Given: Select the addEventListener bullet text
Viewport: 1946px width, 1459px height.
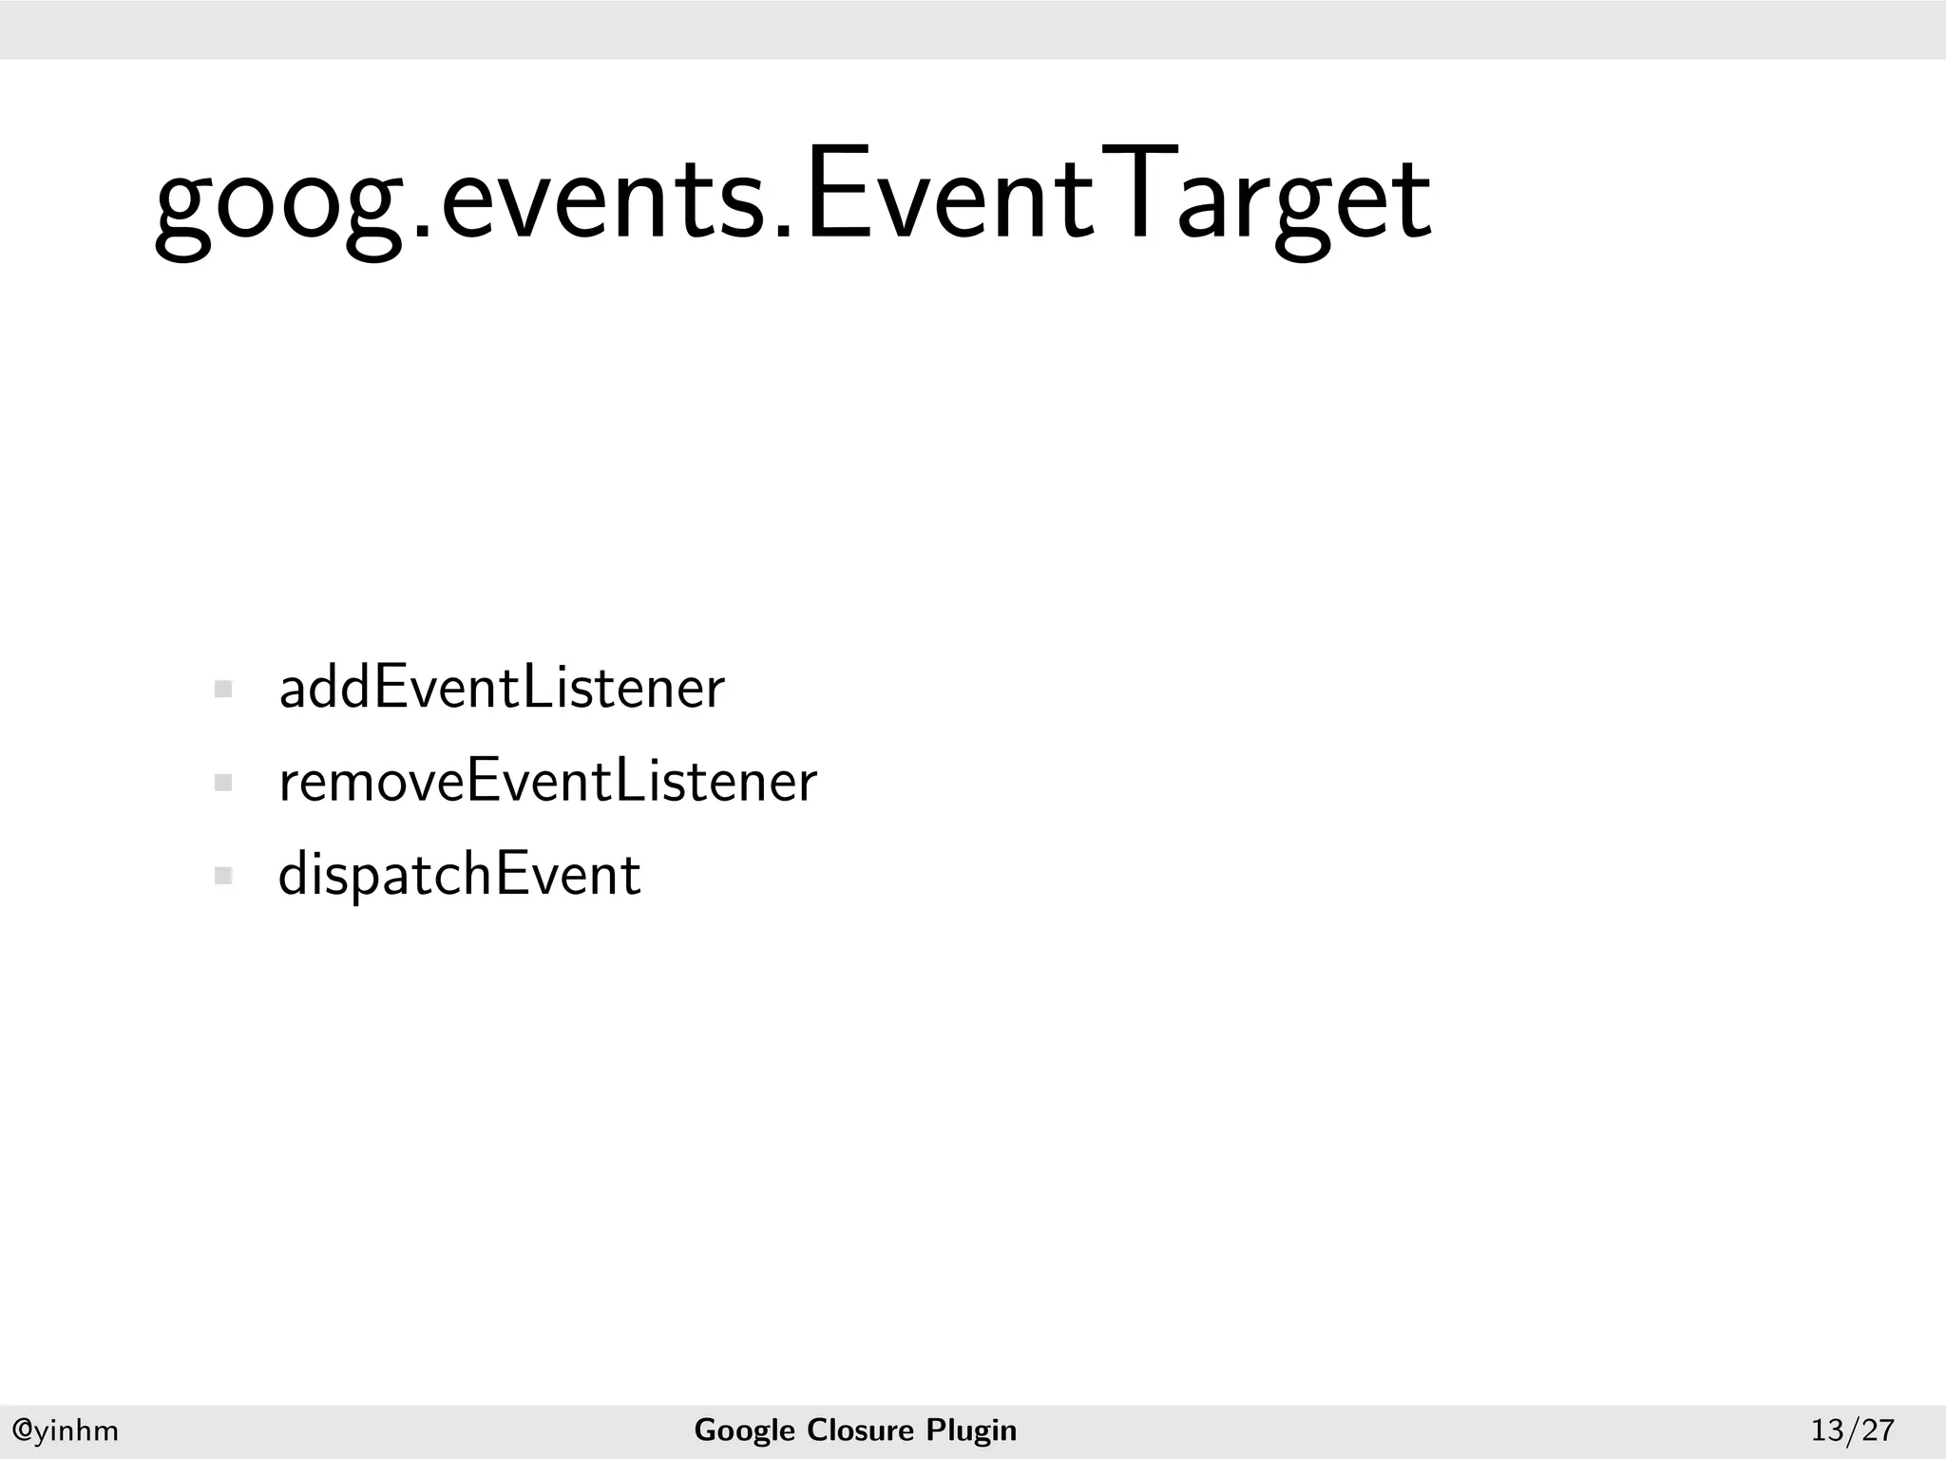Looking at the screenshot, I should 502,688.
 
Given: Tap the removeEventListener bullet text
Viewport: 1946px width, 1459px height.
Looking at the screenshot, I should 547,782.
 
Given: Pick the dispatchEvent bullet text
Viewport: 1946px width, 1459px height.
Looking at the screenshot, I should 459,875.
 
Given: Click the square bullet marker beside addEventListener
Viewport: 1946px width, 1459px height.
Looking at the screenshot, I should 224,690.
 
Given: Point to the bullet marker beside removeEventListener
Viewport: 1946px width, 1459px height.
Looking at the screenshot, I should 224,784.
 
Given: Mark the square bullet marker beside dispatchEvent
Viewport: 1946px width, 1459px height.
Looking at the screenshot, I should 224,876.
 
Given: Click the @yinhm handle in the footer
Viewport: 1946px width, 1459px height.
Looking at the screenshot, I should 65,1430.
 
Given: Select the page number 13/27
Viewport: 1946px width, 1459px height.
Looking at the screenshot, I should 1852,1430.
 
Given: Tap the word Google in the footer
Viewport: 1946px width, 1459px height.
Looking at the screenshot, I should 744,1430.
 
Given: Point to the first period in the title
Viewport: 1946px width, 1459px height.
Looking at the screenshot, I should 424,228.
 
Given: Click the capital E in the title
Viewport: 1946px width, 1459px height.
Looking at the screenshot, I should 835,195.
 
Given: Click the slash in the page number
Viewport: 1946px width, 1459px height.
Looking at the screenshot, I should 1852,1430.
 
